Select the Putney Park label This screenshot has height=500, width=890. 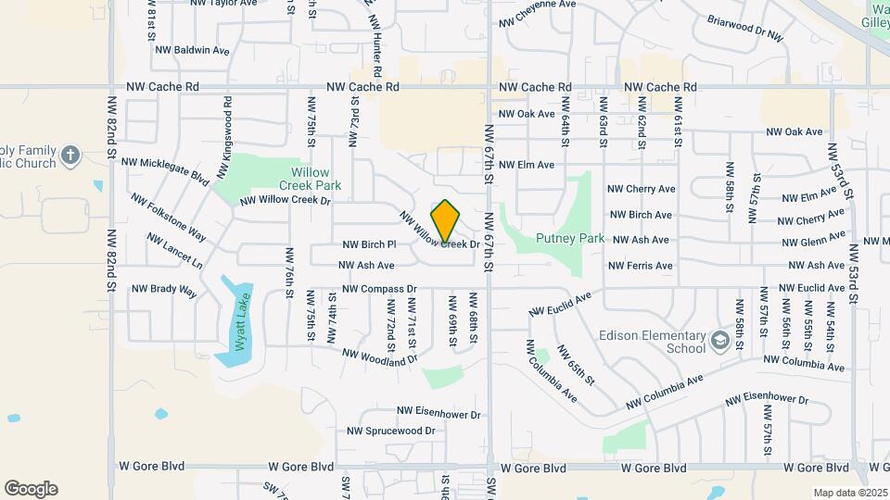[570, 238]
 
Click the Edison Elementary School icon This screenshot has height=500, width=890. [719, 342]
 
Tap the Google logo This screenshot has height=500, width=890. [31, 489]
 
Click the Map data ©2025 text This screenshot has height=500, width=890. [848, 493]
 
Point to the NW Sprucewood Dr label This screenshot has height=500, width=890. [390, 431]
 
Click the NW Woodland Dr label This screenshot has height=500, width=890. [380, 356]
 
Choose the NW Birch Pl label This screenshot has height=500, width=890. [369, 244]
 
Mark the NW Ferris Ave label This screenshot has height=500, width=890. [640, 266]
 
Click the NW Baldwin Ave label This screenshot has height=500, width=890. [192, 50]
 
